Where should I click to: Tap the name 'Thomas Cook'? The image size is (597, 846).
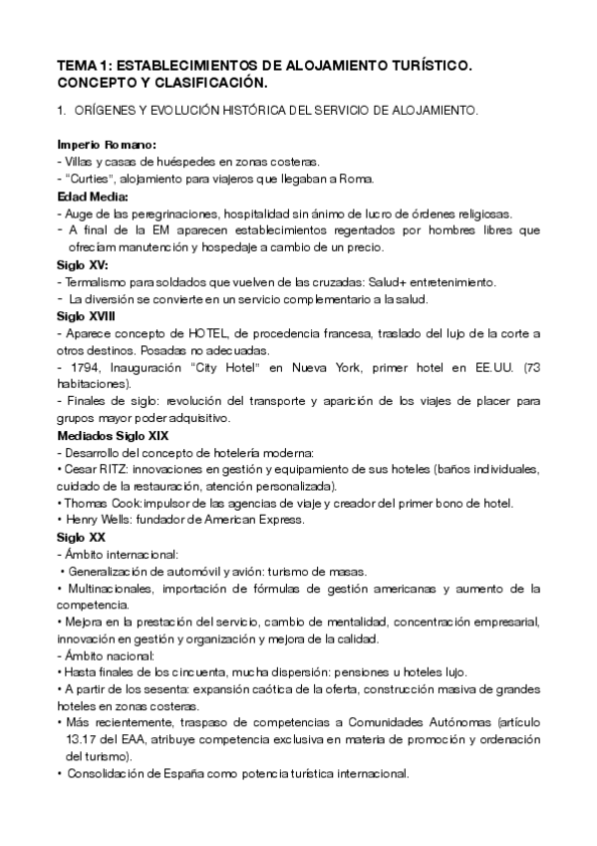99,503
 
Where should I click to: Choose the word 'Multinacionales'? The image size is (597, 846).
105,589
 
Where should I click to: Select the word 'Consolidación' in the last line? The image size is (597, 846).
106,774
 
